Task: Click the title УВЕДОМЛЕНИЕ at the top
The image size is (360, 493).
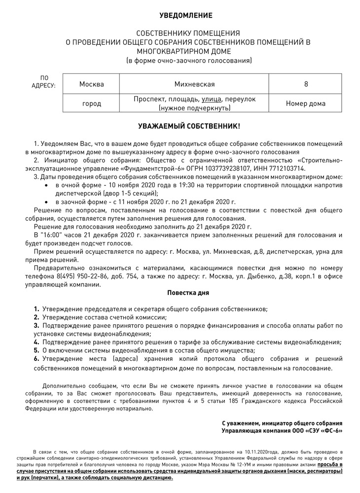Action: point(180,16)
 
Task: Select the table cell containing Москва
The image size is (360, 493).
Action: point(91,84)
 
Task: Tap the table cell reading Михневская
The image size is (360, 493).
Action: point(194,84)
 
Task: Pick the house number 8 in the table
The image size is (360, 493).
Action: point(306,84)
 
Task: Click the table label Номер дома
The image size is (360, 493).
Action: point(306,104)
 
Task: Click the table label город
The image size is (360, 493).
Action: point(91,104)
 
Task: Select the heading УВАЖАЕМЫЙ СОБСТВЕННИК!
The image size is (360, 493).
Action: point(180,127)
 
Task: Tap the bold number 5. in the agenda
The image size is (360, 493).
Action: point(36,350)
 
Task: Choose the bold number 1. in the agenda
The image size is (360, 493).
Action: point(36,309)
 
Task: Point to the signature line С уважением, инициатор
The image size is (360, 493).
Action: point(282,423)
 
